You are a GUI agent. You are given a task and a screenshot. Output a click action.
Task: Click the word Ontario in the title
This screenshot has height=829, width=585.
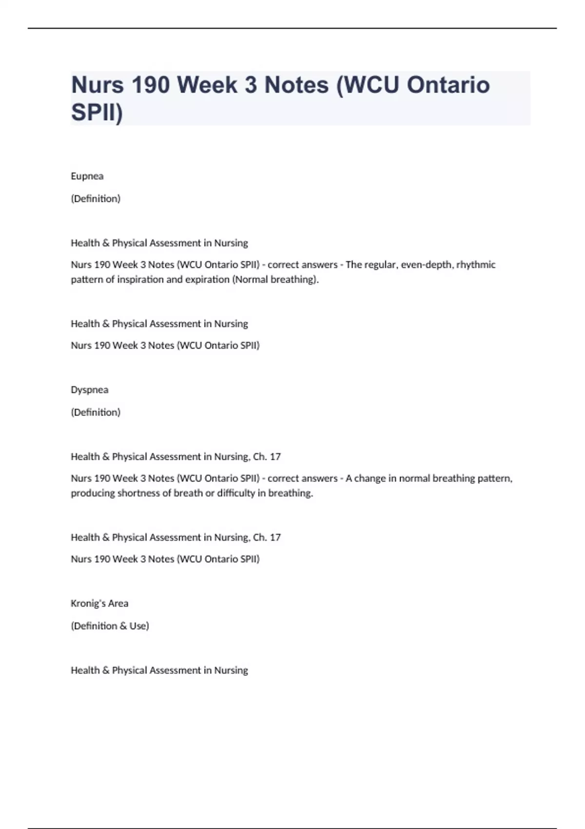pos(448,85)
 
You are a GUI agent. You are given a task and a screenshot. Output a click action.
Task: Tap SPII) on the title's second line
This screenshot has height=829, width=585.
pos(97,112)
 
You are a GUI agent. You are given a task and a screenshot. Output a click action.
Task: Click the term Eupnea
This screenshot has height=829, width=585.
pos(87,176)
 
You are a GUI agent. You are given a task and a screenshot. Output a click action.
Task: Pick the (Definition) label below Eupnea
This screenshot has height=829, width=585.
pos(96,198)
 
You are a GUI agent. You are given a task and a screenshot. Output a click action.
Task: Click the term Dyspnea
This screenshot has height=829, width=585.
pos(89,390)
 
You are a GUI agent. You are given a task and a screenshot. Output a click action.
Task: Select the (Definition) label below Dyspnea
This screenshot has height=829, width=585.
pos(96,412)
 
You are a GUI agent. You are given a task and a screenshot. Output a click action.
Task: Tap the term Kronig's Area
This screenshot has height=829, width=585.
pos(99,603)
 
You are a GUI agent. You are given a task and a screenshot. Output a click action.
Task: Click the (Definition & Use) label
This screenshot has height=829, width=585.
pos(110,626)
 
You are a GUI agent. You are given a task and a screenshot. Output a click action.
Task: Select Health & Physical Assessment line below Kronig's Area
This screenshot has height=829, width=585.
pos(159,670)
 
